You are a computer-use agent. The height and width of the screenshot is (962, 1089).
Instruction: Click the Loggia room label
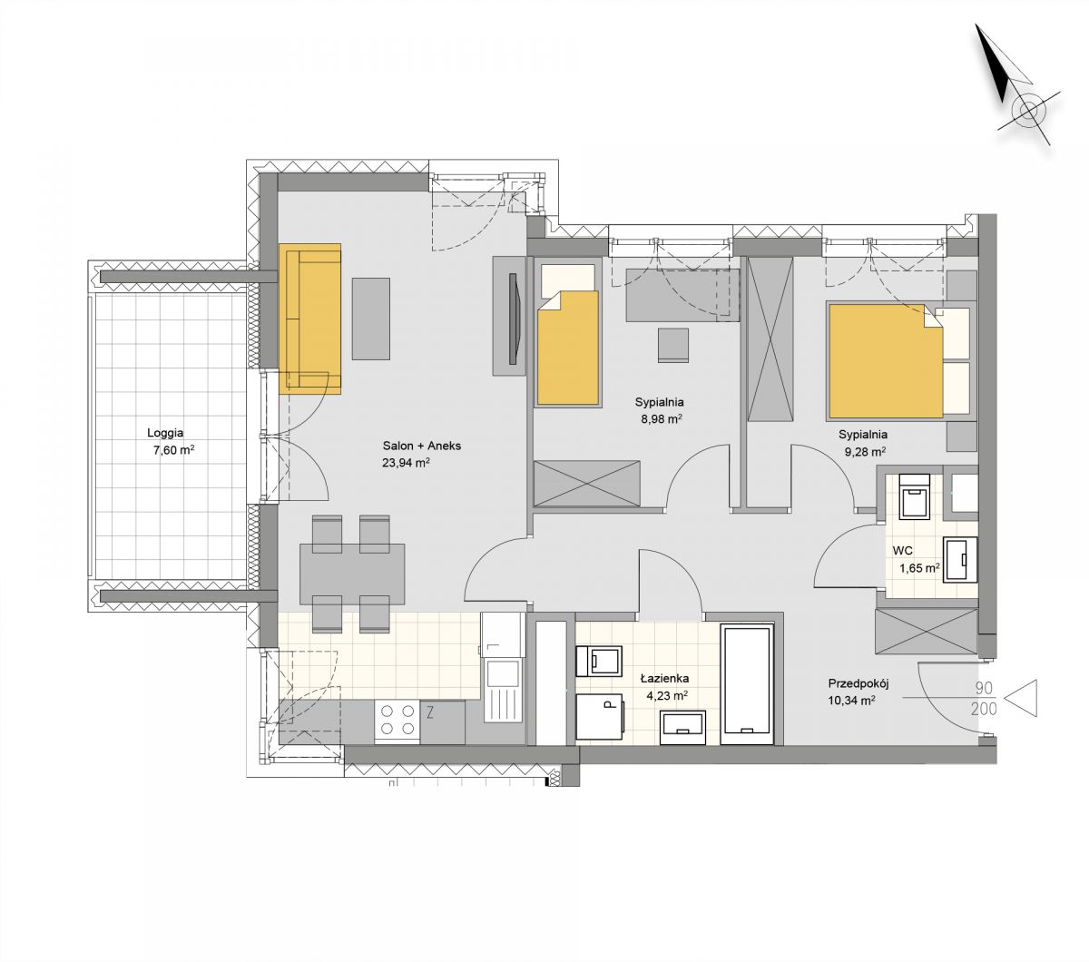(x=165, y=432)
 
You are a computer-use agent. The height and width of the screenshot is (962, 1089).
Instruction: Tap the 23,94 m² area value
(x=406, y=463)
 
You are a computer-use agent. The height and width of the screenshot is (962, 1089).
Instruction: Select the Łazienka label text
(x=664, y=678)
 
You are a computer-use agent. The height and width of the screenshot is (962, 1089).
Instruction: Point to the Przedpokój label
(x=858, y=683)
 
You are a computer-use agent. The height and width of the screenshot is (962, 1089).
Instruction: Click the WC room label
(x=902, y=551)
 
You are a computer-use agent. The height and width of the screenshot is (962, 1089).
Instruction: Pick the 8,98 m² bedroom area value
(x=662, y=419)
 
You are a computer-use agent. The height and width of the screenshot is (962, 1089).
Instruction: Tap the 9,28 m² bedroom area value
(x=865, y=451)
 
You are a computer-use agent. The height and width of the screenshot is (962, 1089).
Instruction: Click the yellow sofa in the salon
(x=309, y=319)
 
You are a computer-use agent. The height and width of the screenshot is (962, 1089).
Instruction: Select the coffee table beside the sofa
(x=371, y=319)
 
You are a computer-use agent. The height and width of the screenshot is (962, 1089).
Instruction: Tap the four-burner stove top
(x=397, y=720)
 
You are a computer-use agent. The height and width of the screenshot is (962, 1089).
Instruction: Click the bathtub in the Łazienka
(x=747, y=684)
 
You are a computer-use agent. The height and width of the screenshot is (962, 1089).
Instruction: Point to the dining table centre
(x=352, y=574)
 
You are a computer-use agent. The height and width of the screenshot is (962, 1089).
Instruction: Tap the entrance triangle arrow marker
(x=1020, y=697)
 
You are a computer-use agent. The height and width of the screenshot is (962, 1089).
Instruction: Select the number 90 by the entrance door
(x=985, y=688)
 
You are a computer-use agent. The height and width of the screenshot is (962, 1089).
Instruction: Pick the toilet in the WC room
(x=915, y=496)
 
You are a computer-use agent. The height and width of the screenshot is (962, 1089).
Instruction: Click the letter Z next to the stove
(x=430, y=713)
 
